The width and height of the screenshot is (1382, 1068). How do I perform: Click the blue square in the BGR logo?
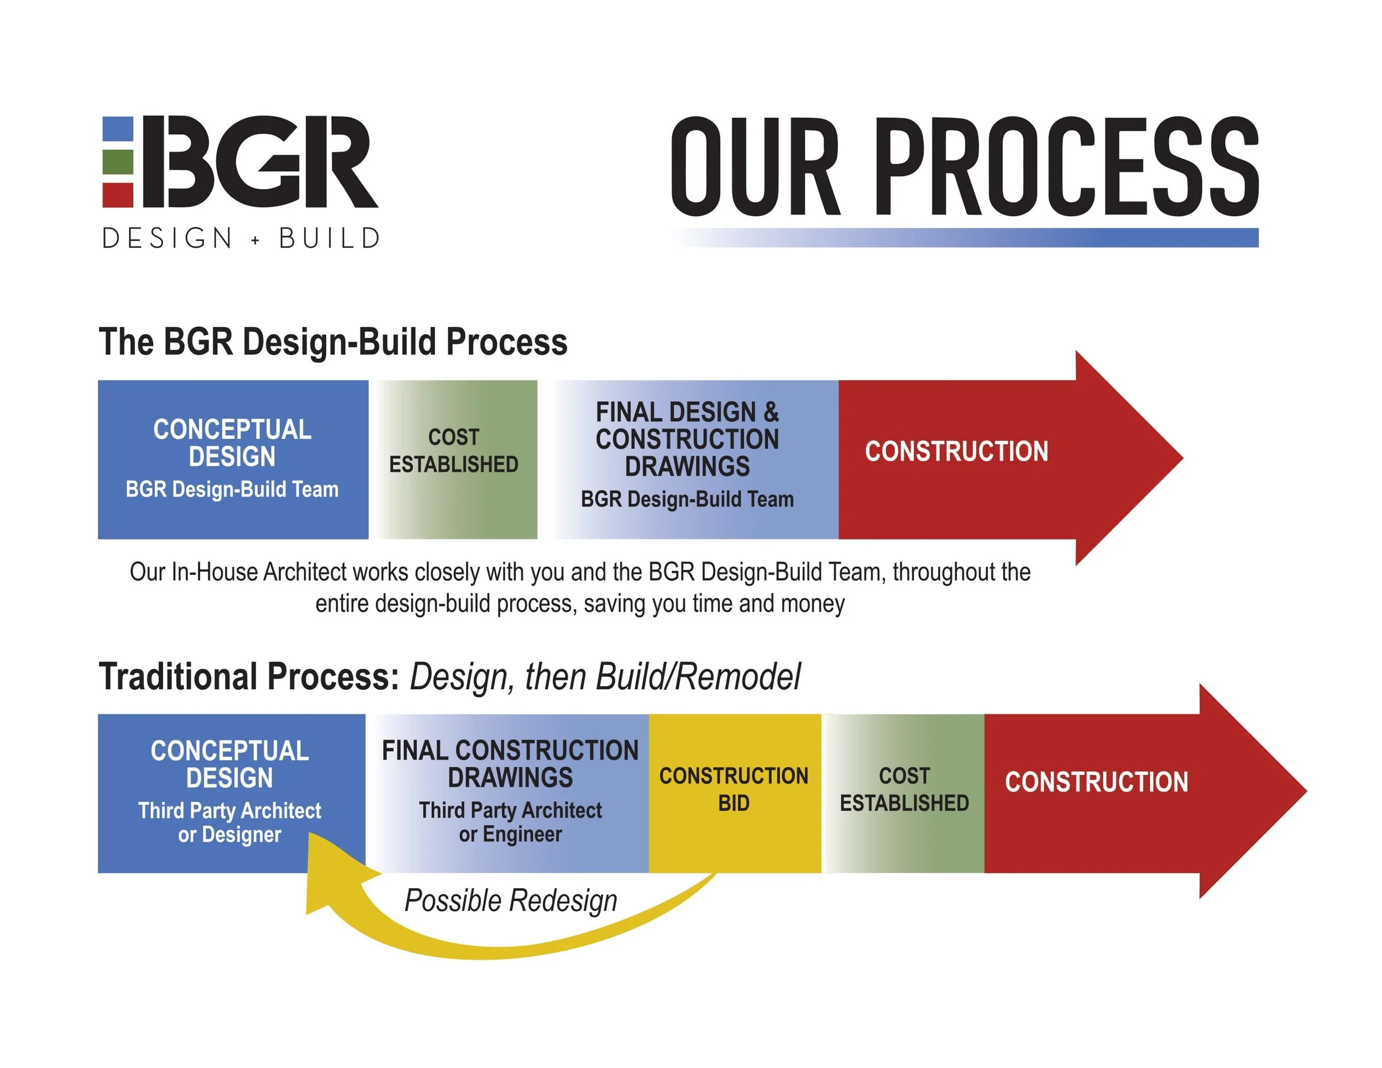(x=118, y=129)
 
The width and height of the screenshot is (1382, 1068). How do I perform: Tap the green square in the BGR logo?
(x=118, y=162)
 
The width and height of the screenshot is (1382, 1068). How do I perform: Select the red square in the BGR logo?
(x=118, y=195)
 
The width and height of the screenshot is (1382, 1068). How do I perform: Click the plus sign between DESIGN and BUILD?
(x=255, y=240)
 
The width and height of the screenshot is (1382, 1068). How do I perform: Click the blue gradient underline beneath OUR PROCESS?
(x=1013, y=238)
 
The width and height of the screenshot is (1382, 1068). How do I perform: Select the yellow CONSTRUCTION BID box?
(x=734, y=793)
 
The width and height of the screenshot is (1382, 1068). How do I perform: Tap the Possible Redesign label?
(x=511, y=901)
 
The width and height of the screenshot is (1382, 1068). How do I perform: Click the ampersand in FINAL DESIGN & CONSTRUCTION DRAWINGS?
(x=771, y=412)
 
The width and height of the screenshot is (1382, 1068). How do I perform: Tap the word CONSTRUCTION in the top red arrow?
(x=956, y=452)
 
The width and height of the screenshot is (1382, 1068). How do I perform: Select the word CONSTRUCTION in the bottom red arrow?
(x=1096, y=783)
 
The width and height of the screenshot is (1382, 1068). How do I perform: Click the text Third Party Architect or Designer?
(x=230, y=823)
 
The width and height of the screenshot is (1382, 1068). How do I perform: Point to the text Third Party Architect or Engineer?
(x=510, y=822)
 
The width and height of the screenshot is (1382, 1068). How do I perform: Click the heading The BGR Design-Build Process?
(x=333, y=342)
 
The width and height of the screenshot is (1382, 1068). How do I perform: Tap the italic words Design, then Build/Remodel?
(x=605, y=677)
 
